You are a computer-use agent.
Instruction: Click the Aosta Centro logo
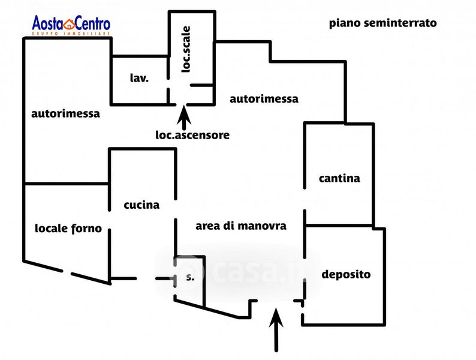coord(71,26)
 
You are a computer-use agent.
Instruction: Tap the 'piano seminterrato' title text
coord(382,23)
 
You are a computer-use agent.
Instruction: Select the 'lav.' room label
coord(139,78)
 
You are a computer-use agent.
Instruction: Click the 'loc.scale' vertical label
coord(186,50)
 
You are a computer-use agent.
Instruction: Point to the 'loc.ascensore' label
coord(192,135)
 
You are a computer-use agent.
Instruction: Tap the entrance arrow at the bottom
coord(276,330)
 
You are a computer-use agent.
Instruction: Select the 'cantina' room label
coord(339,178)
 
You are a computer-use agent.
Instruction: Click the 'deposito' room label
coord(346,275)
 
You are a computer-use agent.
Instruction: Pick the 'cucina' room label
coord(141,205)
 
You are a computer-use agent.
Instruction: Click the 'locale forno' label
coord(68,228)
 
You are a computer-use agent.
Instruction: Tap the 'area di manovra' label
coord(241,226)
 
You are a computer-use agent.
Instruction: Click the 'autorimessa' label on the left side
coord(66,113)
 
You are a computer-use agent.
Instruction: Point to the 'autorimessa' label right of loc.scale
coord(264,99)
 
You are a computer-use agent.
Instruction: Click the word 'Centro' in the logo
coord(92,24)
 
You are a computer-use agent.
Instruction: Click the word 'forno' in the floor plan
coord(88,228)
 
